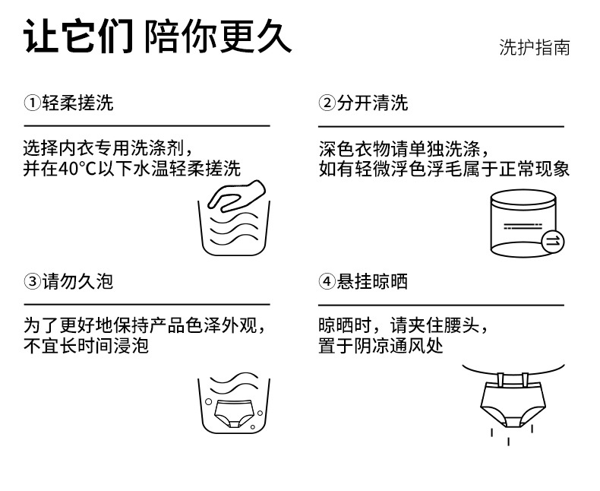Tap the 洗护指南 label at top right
(x=534, y=49)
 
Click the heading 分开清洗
(x=372, y=103)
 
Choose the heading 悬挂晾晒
(x=372, y=281)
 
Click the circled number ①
(x=32, y=103)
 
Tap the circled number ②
(x=327, y=103)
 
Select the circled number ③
(x=32, y=282)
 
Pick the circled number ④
(x=327, y=282)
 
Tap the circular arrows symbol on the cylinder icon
(x=553, y=241)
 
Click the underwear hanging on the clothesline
(x=513, y=400)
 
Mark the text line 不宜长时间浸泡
(x=86, y=347)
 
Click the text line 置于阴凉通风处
(x=381, y=347)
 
